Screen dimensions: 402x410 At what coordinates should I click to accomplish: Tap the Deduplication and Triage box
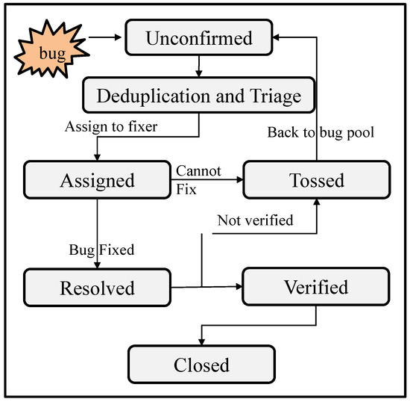[198, 95]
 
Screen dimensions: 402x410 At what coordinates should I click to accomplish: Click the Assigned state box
[98, 180]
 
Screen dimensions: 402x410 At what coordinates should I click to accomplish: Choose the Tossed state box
[315, 180]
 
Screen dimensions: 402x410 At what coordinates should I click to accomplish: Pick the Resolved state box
[98, 288]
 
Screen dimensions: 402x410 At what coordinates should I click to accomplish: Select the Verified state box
[315, 288]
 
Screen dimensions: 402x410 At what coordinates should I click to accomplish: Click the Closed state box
[201, 365]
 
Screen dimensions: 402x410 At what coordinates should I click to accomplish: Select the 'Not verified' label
[254, 220]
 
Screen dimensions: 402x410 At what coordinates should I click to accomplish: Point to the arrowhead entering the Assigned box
[98, 158]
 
